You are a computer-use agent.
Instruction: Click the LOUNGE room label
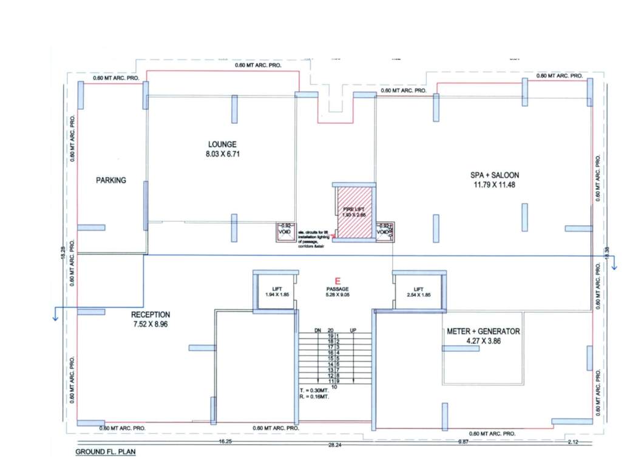tap(222, 144)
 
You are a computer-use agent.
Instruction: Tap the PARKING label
tap(111, 180)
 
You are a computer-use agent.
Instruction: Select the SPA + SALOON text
tap(498, 175)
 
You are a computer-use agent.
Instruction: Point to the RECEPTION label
tap(151, 315)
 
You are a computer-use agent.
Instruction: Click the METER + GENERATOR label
tap(484, 331)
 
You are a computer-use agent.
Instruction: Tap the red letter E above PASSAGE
tap(330, 281)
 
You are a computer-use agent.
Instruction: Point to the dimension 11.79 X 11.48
tap(497, 185)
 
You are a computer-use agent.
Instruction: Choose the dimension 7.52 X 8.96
tap(151, 325)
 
